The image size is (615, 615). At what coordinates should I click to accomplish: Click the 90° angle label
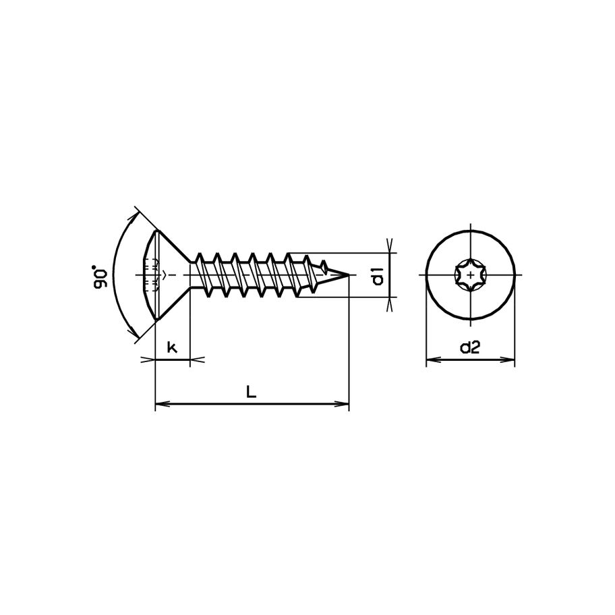101,278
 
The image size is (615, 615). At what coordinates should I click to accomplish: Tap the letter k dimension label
172,348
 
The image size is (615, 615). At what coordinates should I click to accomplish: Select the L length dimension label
251,392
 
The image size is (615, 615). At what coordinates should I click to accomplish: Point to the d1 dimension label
378,276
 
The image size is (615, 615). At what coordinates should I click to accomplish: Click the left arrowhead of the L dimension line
160,405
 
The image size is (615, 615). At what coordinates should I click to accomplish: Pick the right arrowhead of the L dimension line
345,405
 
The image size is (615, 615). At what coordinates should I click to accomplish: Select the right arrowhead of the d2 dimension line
510,360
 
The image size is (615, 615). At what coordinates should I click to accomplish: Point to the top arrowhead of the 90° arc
139,216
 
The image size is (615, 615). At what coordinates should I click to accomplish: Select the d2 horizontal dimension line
470,360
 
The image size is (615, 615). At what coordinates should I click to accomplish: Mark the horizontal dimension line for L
252,405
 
